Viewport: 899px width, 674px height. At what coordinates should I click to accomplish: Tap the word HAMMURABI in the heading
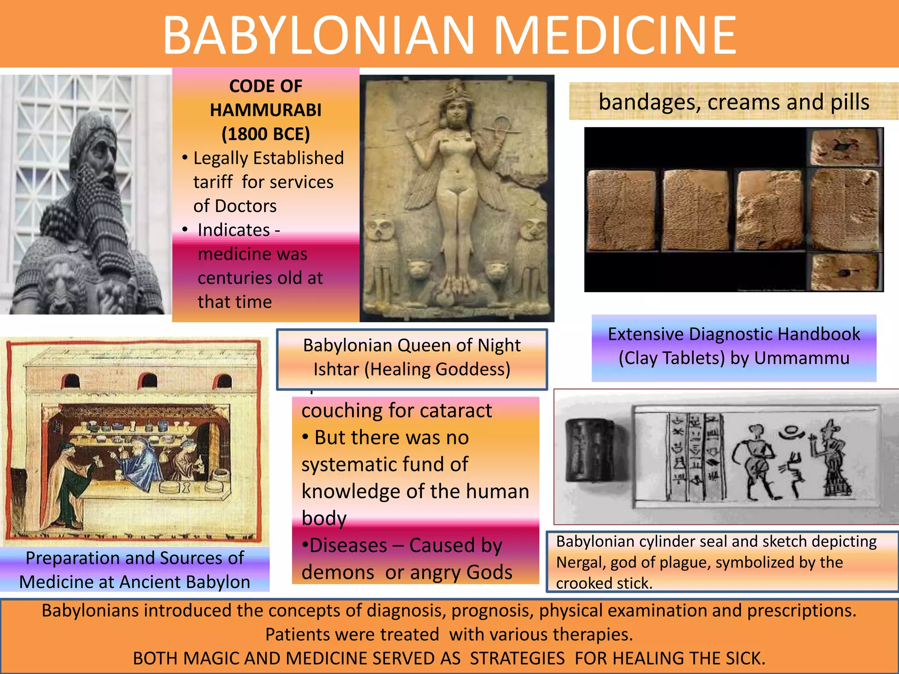(x=266, y=110)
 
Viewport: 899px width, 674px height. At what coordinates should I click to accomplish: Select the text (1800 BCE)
(x=266, y=134)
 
